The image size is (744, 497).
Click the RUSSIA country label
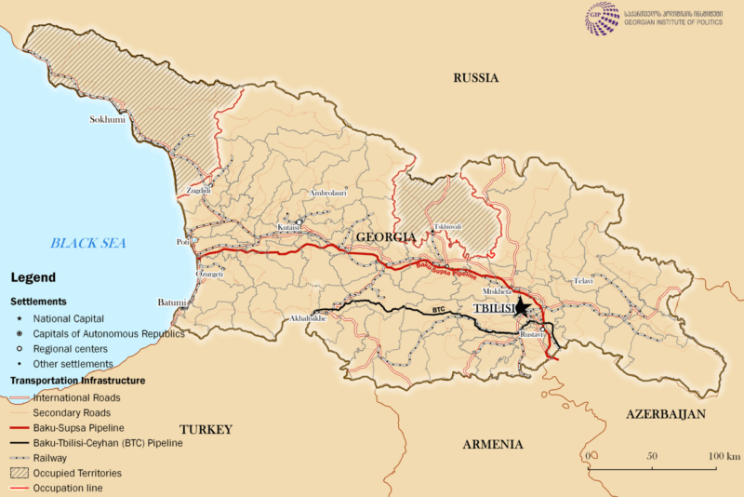click(476, 78)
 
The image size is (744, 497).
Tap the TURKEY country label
click(206, 429)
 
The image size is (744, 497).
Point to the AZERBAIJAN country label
click(665, 414)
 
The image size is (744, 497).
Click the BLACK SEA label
click(88, 243)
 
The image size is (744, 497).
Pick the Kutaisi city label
click(291, 227)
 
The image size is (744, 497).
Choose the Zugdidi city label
click(199, 191)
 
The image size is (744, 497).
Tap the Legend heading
click(33, 277)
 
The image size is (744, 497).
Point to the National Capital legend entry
click(66, 318)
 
